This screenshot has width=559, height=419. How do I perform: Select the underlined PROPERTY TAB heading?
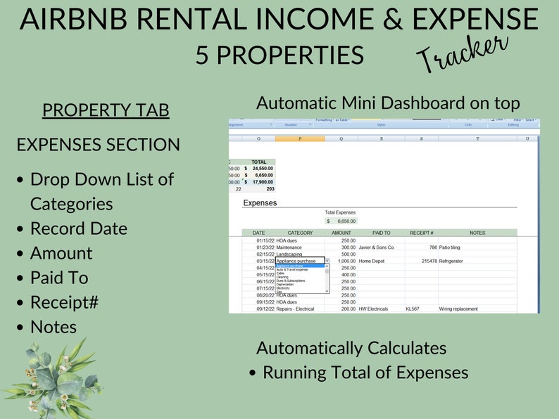pyautogui.click(x=106, y=110)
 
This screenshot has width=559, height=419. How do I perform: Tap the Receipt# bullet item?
pyautogui.click(x=64, y=302)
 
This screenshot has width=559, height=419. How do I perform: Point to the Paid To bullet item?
pyautogui.click(x=59, y=278)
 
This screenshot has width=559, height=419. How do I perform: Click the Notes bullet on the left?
pyautogui.click(x=54, y=327)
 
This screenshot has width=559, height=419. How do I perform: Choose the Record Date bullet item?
pyautogui.click(x=79, y=228)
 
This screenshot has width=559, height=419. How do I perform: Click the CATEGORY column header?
pyautogui.click(x=300, y=233)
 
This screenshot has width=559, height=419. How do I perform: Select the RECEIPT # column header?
pyautogui.click(x=421, y=233)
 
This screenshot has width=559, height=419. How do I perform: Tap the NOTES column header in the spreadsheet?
pyautogui.click(x=477, y=233)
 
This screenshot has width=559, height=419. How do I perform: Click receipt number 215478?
pyautogui.click(x=429, y=261)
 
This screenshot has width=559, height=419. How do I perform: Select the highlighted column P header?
pyautogui.click(x=300, y=138)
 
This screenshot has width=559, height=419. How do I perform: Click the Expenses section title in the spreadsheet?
pyautogui.click(x=260, y=203)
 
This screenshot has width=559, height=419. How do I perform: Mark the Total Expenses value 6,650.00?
pyautogui.click(x=344, y=221)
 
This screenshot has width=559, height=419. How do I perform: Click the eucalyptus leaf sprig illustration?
pyautogui.click(x=53, y=376)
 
